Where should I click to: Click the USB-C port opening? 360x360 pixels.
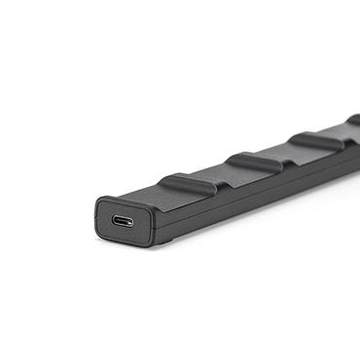[x=124, y=220]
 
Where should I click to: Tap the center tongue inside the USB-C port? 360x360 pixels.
[x=124, y=221]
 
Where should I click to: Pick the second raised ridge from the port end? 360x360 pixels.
[x=255, y=160]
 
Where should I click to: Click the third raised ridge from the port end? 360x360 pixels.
[x=315, y=140]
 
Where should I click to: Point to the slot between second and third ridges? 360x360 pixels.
[x=288, y=155]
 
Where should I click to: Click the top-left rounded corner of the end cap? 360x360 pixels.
[x=99, y=202]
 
